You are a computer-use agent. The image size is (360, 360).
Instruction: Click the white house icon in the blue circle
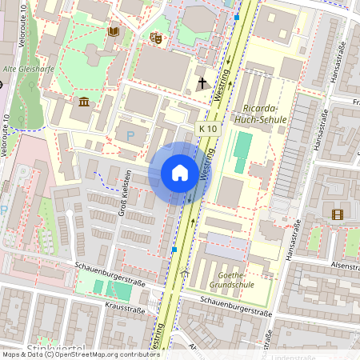(x=180, y=173)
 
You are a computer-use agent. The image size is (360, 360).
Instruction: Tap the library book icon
(x=113, y=31)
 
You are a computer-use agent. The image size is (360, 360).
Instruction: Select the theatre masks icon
(x=156, y=37)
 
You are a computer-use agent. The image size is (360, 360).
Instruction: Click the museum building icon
(x=84, y=102)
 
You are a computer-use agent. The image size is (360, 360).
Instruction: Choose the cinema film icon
(x=337, y=214)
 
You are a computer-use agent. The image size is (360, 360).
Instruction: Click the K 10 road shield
(x=208, y=129)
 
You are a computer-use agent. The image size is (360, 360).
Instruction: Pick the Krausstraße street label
(x=125, y=309)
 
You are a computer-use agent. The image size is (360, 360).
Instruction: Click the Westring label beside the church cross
(x=222, y=83)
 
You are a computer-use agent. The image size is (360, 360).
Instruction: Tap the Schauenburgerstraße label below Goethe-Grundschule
(x=236, y=308)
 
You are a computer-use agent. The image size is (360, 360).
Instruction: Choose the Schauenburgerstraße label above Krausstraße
(x=108, y=274)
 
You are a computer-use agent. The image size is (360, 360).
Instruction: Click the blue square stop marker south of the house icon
(x=174, y=250)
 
